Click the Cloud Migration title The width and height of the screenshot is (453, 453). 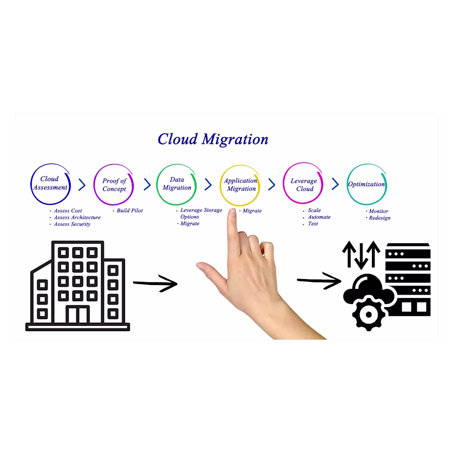213,139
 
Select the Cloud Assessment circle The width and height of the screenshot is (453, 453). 50,183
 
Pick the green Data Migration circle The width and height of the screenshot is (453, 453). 177,184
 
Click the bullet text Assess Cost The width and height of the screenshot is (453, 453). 68,211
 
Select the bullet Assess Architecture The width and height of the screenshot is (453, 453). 77,217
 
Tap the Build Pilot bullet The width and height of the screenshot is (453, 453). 130,211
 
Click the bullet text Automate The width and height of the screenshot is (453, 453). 319,217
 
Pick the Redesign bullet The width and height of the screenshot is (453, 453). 379,218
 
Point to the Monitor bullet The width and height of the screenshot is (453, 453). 378,211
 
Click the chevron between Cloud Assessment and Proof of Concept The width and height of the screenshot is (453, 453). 82,185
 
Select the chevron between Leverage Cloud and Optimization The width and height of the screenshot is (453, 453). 335,184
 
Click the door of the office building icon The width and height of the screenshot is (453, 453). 77,315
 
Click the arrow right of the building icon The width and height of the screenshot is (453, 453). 155,284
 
